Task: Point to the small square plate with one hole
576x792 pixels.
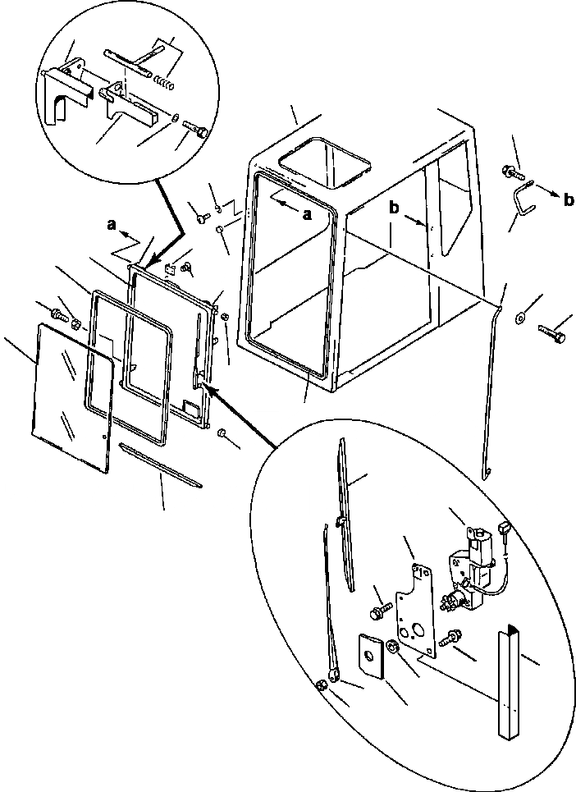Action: click(x=368, y=656)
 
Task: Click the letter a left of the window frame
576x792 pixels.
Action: click(x=112, y=223)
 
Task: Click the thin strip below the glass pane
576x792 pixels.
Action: click(x=160, y=465)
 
